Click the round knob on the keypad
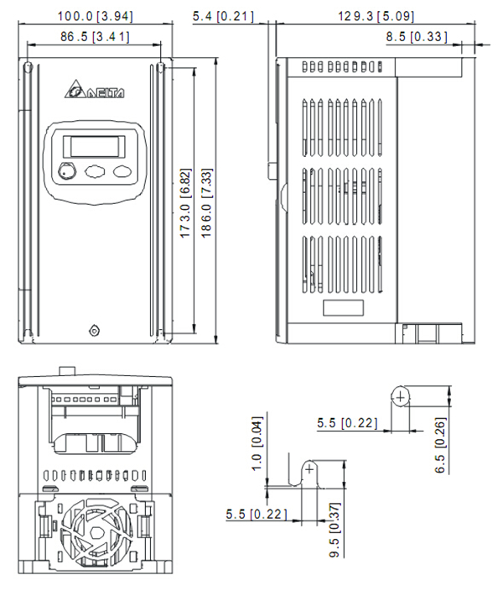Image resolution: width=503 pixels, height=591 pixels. tap(67, 172)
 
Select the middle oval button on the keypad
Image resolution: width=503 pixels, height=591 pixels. tap(95, 172)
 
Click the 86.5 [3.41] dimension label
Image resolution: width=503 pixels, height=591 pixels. tap(94, 36)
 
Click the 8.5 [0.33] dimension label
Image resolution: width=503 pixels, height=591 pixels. tap(417, 36)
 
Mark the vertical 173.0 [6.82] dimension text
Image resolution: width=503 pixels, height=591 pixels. tap(186, 202)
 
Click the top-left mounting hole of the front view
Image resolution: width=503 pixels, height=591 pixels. tap(29, 67)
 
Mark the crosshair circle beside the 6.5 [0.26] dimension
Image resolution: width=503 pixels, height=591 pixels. tap(402, 395)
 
